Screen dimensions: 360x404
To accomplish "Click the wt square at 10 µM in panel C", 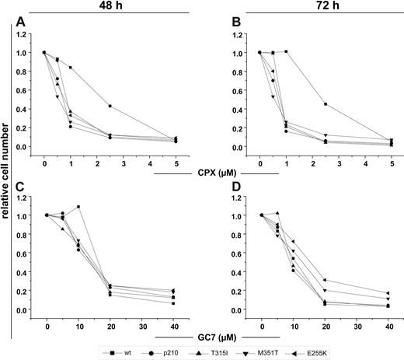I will coord(78,207).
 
